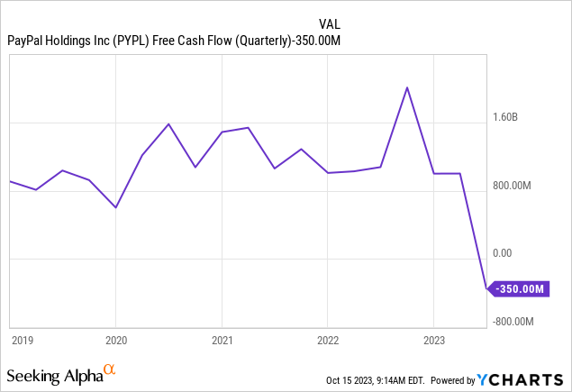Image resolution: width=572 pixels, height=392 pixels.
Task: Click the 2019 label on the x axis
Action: click(23, 341)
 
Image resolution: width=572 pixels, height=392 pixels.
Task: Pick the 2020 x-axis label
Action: click(117, 341)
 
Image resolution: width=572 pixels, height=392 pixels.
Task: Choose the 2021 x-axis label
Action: click(222, 341)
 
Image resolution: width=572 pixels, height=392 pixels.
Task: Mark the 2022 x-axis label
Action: click(328, 341)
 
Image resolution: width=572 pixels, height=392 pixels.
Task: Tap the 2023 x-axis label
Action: click(433, 341)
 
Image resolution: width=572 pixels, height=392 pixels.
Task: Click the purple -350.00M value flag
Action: click(519, 289)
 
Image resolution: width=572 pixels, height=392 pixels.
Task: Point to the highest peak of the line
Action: click(407, 87)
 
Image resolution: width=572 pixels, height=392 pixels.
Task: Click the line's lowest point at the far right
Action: click(486, 289)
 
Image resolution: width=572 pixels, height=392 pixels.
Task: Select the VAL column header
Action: click(331, 23)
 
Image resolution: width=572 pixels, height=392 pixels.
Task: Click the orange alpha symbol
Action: click(110, 369)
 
